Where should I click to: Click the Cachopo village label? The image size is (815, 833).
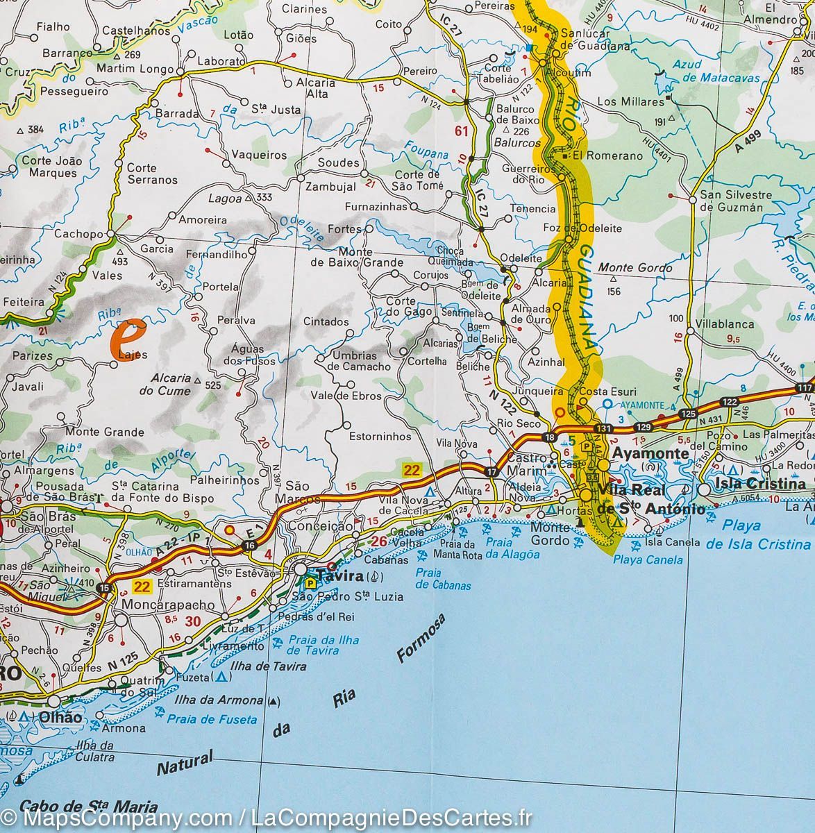[78, 234]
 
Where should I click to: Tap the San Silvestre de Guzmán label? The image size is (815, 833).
[731, 201]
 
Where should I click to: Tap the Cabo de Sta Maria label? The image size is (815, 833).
[89, 807]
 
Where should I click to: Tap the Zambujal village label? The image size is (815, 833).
[330, 187]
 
